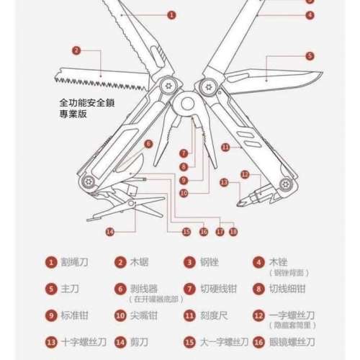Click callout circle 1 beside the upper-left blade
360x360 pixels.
pos(171,14)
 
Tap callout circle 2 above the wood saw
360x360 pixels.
pos(76,50)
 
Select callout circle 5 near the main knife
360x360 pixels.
pos(310,55)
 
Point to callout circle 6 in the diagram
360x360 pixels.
pos(148,144)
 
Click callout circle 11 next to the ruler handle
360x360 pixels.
pos(225,147)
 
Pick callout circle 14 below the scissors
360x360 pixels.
pos(109,231)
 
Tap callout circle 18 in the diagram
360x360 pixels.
pos(233,231)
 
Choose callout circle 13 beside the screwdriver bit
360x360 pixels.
pos(223,183)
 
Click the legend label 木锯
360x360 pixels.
pos(140,264)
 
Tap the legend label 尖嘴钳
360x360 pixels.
pos(145,315)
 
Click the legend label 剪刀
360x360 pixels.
pos(140,342)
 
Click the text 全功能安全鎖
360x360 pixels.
pos(89,103)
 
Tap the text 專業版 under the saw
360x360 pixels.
pos(73,114)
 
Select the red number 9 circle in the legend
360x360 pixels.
pos(51,315)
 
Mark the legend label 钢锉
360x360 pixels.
pos(210,264)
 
